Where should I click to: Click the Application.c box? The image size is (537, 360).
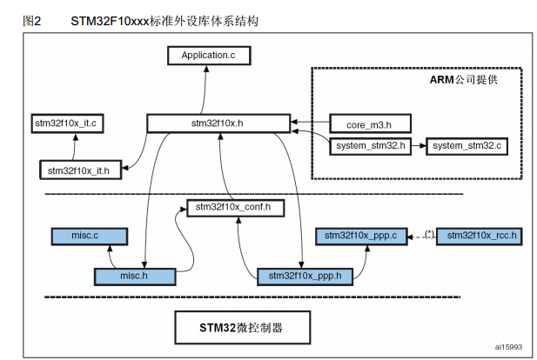(x=208, y=56)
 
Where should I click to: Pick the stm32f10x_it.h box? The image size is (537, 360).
(x=79, y=169)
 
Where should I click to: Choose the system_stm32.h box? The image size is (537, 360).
(x=370, y=145)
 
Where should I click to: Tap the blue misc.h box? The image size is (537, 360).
(x=134, y=277)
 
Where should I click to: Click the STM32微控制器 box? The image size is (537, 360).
(x=242, y=329)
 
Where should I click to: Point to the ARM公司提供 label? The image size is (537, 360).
(x=468, y=79)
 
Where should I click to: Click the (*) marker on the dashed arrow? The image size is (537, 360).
(x=428, y=232)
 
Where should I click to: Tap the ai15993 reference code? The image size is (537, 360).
(x=507, y=347)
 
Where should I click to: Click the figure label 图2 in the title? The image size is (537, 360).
(x=33, y=19)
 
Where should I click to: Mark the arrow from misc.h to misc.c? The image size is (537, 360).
(x=109, y=256)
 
